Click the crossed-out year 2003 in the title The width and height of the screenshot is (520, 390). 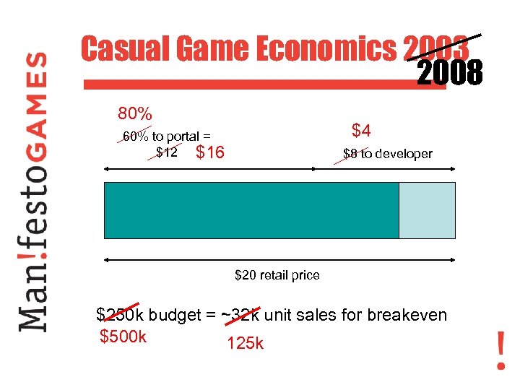437,49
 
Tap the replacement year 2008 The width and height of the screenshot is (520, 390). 450,73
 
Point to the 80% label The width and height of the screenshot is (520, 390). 135,114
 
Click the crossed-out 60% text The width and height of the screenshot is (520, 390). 135,136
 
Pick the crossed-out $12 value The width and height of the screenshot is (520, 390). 167,152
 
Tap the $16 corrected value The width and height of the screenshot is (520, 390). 210,152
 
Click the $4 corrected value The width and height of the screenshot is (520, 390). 361,131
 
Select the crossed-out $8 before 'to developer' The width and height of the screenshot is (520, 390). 350,154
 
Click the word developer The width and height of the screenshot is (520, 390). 406,154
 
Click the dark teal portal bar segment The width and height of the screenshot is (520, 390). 251,210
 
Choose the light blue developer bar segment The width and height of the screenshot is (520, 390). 427,210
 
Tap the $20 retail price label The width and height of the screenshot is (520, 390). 277,274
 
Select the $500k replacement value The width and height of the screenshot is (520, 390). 123,336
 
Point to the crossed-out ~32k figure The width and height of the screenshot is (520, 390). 243,315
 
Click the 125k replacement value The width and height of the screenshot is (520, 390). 245,344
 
